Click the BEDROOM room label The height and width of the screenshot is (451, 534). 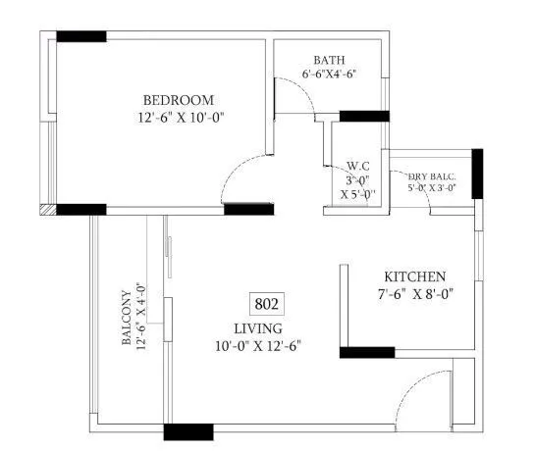[178, 101]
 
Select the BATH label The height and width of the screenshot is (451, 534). [329, 60]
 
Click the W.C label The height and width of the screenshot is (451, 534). [357, 167]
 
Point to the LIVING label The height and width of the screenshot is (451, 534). [258, 327]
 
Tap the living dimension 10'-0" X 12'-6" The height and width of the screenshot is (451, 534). [258, 345]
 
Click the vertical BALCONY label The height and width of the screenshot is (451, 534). [127, 319]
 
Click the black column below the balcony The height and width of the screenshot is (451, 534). [187, 430]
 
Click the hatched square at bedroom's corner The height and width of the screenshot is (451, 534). [46, 209]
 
